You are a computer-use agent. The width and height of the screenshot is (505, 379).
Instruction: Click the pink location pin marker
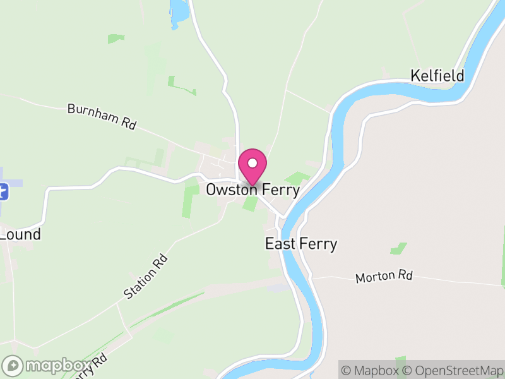coord(252,166)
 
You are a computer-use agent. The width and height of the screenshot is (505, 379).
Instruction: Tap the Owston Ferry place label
coord(252,189)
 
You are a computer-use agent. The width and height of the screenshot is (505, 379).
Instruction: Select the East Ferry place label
coord(301,244)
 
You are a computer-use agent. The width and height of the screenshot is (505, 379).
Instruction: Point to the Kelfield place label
coord(437,76)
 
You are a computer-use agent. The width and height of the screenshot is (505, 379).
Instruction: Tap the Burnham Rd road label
coord(102,117)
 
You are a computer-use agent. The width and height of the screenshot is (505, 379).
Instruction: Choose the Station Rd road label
coord(146,276)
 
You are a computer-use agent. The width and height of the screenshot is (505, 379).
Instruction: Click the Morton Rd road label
coord(384,277)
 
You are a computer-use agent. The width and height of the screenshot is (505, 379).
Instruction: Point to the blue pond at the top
coord(179,11)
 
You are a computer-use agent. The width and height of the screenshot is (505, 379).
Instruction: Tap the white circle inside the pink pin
coord(252,163)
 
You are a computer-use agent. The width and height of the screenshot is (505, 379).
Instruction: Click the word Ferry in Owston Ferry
coord(278,189)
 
